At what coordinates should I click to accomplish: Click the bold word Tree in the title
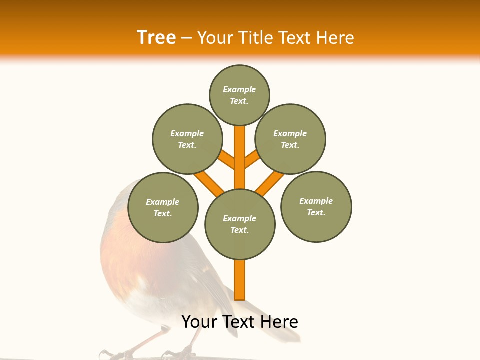click(x=156, y=37)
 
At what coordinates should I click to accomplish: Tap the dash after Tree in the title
click(x=186, y=38)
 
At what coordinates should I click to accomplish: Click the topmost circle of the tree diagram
click(x=239, y=95)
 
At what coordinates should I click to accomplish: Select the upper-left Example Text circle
click(x=187, y=139)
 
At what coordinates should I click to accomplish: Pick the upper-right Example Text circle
click(x=290, y=139)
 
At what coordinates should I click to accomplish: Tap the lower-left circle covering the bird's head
click(x=163, y=207)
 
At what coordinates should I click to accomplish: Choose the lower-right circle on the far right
click(x=316, y=206)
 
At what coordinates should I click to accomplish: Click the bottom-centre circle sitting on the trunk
click(x=240, y=224)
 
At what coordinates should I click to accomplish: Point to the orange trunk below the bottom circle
click(x=240, y=280)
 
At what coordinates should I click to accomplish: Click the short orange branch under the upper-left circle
click(x=226, y=159)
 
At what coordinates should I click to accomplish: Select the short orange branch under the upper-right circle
click(x=252, y=158)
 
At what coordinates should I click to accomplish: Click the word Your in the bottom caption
click(x=200, y=322)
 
